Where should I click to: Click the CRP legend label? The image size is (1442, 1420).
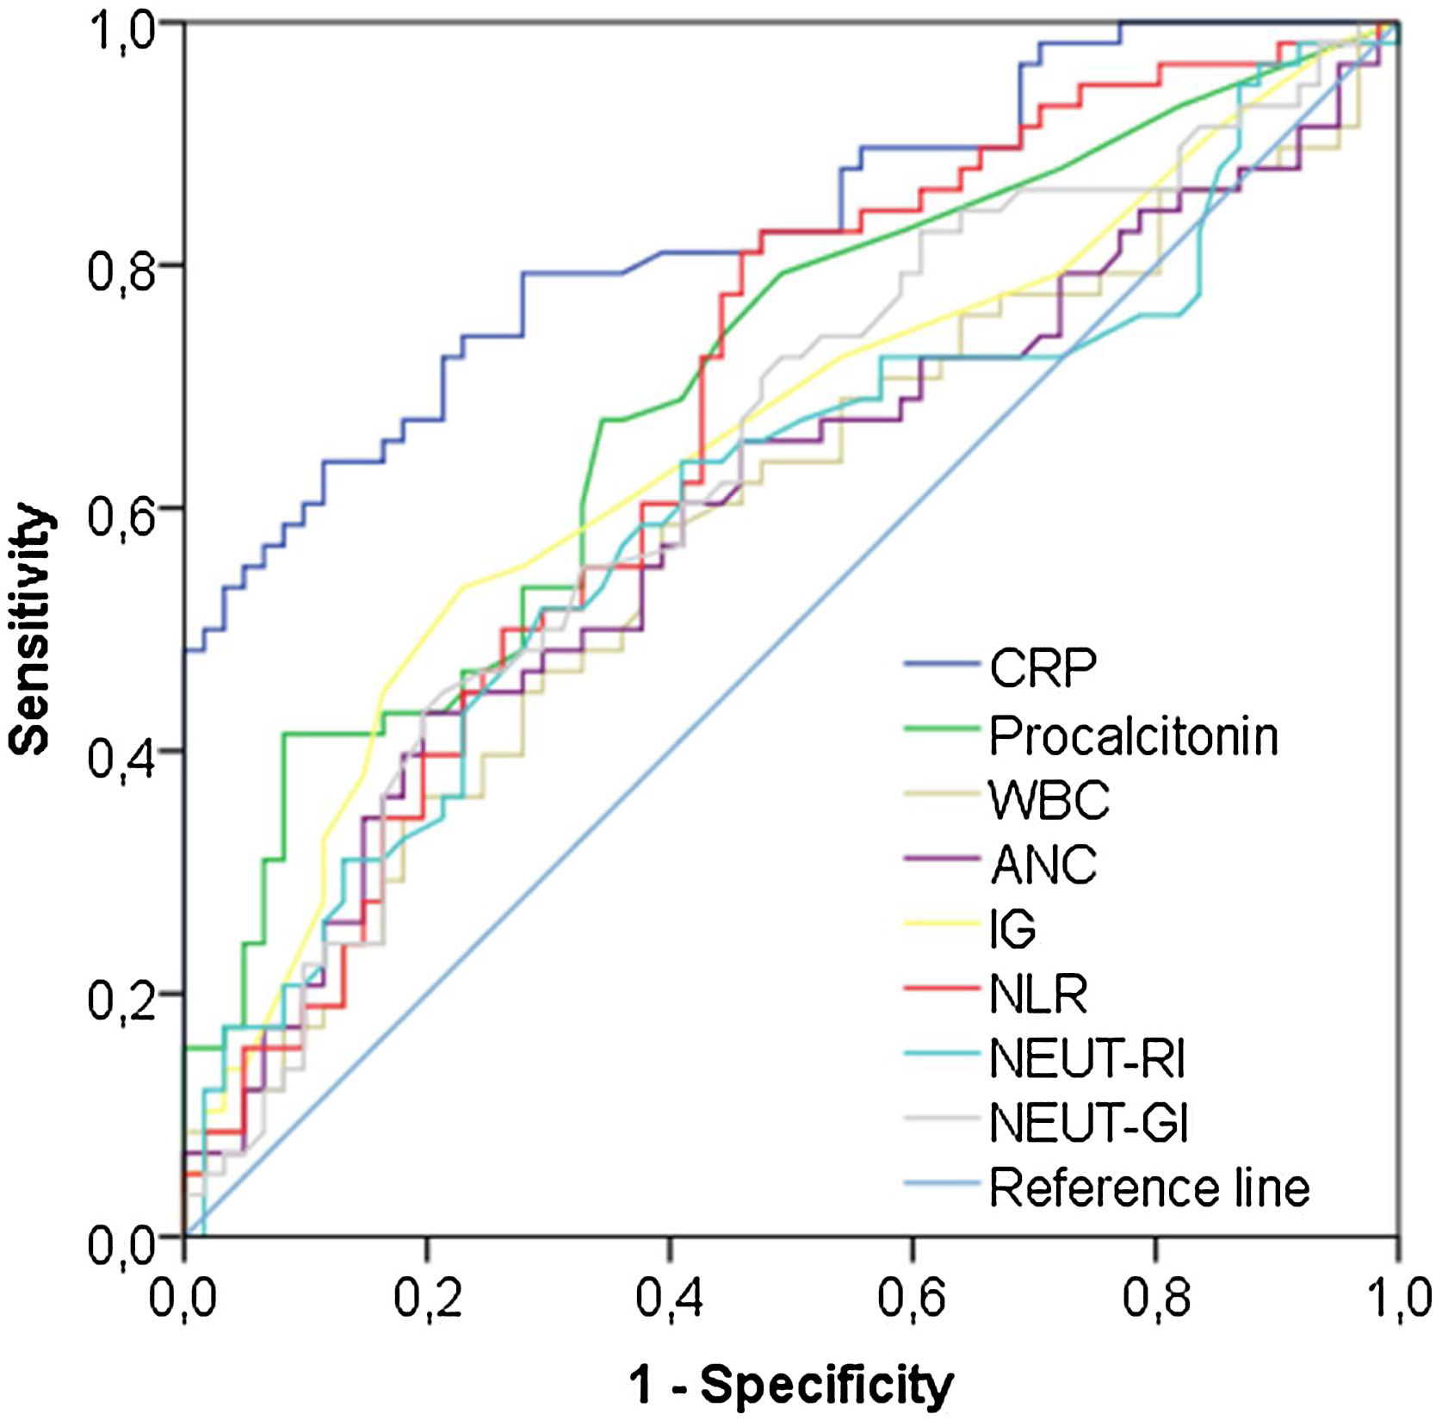tap(1043, 667)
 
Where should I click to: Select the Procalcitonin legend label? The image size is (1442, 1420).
tap(1133, 736)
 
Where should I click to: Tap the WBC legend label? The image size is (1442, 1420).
tap(1049, 800)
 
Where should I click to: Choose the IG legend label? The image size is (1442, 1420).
tap(1012, 928)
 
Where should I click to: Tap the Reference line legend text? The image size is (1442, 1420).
tap(1149, 1187)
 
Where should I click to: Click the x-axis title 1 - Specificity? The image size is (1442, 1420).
tap(791, 1385)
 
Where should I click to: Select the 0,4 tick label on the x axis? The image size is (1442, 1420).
tap(670, 1299)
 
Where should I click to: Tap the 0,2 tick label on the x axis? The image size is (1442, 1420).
tap(427, 1299)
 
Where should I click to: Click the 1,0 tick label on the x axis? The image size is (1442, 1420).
tap(1396, 1299)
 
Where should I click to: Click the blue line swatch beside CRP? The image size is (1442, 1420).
tap(942, 664)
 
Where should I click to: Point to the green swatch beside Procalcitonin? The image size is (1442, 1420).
tap(942, 729)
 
